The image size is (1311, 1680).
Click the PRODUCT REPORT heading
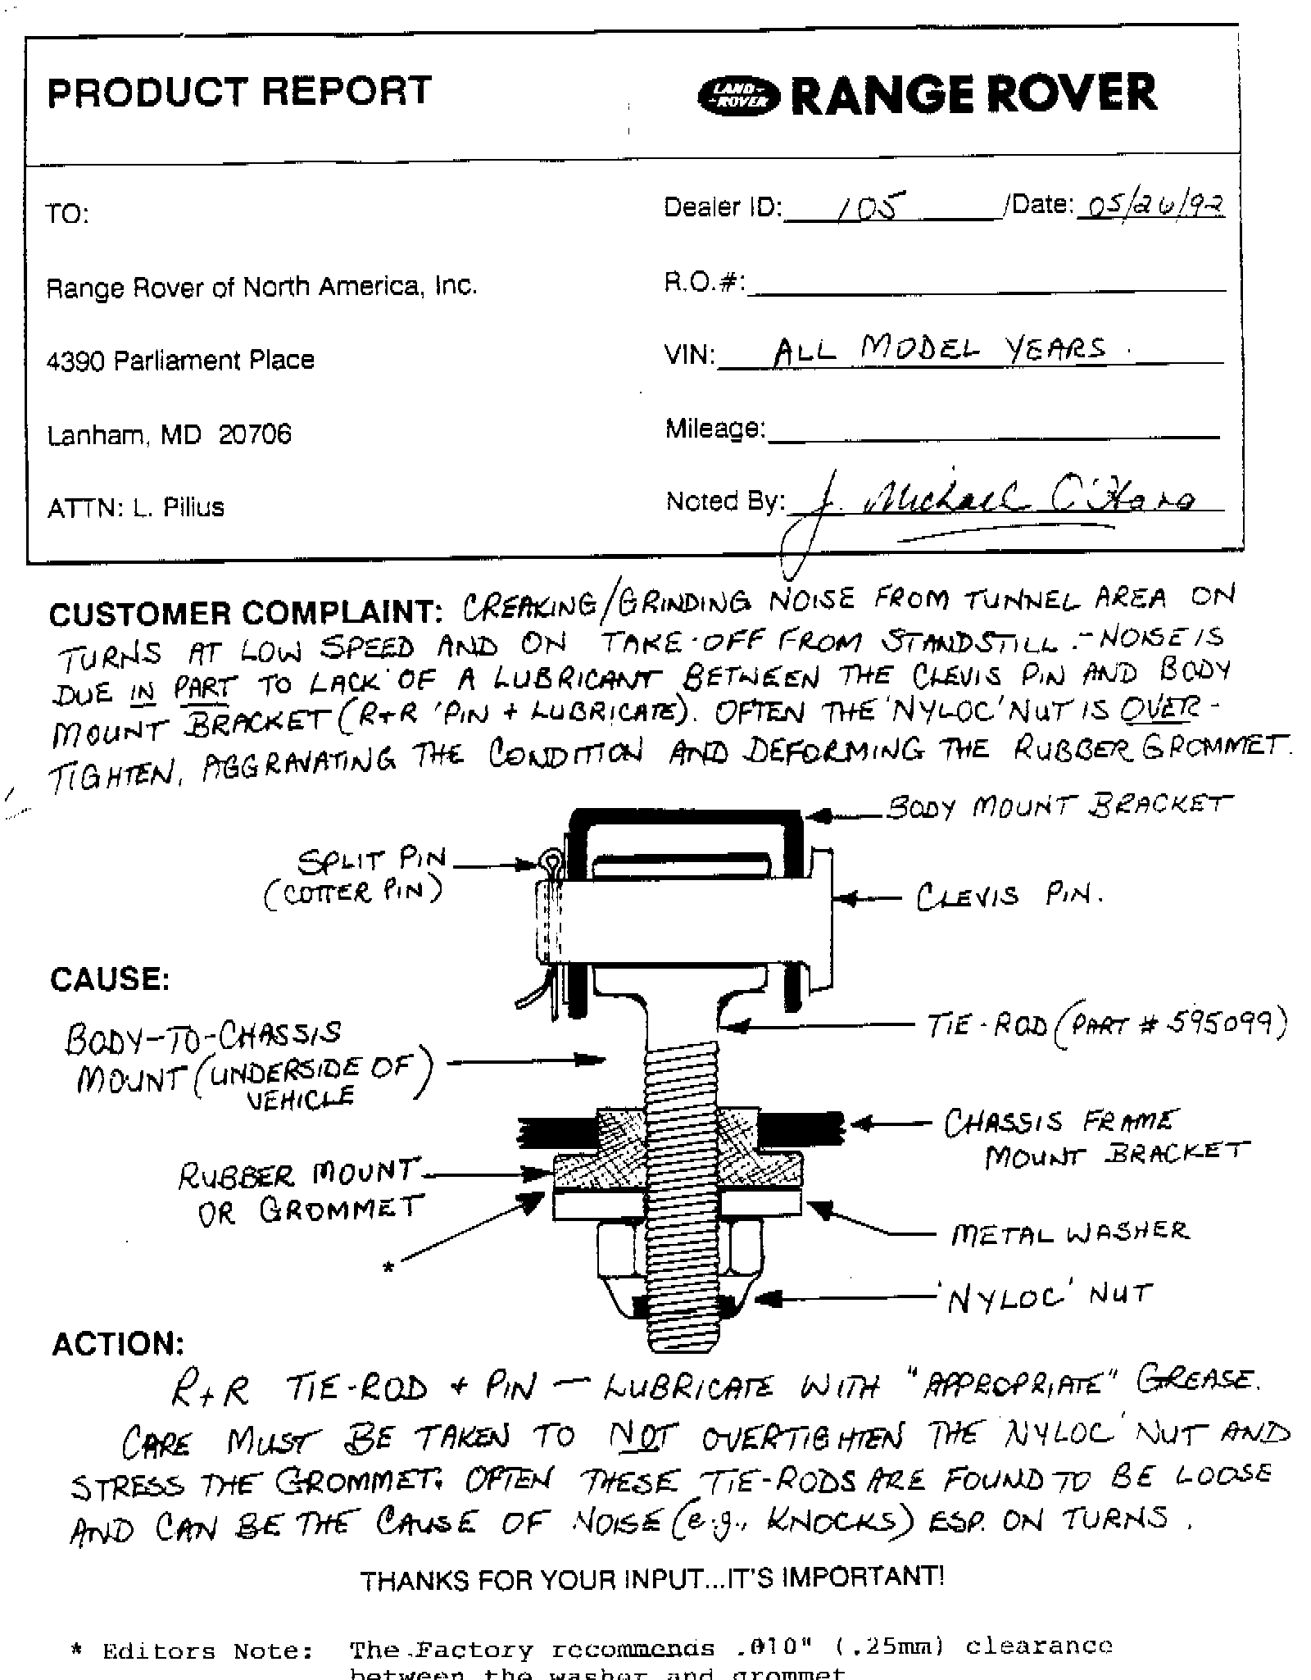(239, 91)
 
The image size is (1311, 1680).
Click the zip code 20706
(255, 434)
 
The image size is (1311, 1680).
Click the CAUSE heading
(110, 978)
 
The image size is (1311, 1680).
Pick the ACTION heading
(118, 1343)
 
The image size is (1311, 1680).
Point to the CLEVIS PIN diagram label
(1009, 896)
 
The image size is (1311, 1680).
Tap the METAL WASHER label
(1069, 1233)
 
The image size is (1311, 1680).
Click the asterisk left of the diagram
(389, 1268)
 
